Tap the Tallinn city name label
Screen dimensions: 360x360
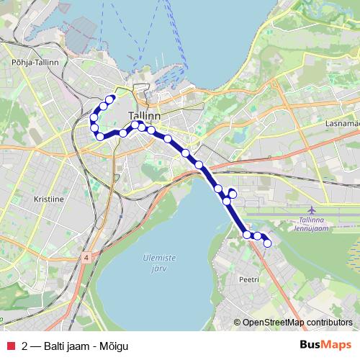pyautogui.click(x=144, y=115)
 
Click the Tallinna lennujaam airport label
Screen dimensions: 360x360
pyautogui.click(x=312, y=223)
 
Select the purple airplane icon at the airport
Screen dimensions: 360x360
pyautogui.click(x=312, y=209)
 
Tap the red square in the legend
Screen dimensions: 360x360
pyautogui.click(x=11, y=345)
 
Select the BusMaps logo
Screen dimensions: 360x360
pyautogui.click(x=325, y=345)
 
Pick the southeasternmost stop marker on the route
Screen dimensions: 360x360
pyautogui.click(x=268, y=243)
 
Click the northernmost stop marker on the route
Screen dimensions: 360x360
pyautogui.click(x=110, y=99)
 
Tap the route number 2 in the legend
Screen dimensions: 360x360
pyautogui.click(x=25, y=345)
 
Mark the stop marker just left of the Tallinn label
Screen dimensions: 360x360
pyautogui.click(x=123, y=133)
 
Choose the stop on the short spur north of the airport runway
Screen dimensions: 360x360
pyautogui.click(x=233, y=193)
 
